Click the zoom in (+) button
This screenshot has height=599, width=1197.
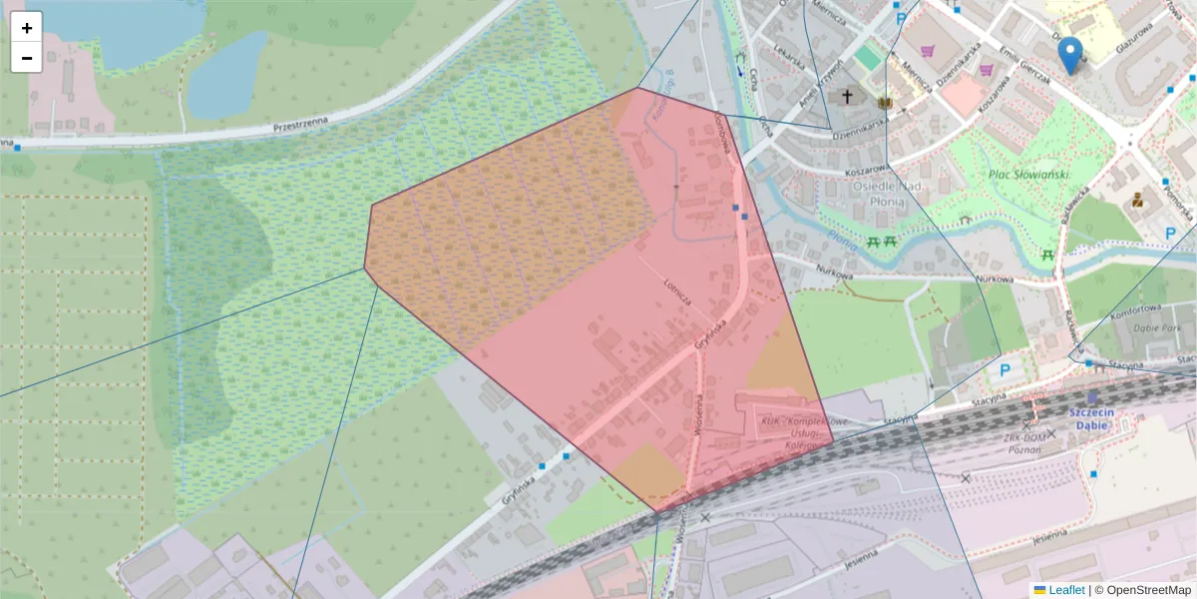tap(27, 28)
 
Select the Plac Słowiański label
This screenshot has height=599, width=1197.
tap(1027, 175)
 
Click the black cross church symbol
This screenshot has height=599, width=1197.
tap(848, 97)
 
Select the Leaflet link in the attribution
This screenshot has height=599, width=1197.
tap(1065, 590)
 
